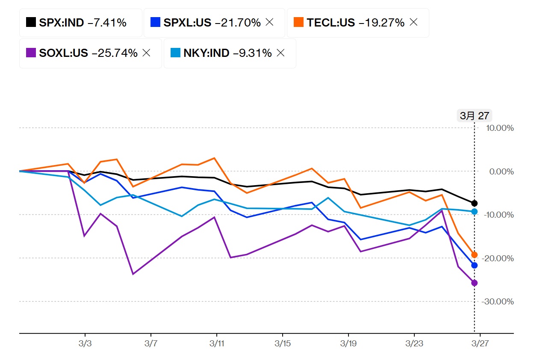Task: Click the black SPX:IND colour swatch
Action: point(31,23)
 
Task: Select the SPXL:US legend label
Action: point(187,23)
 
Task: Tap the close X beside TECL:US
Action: point(413,22)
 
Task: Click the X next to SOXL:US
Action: point(146,53)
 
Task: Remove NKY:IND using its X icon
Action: point(280,53)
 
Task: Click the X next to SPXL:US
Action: point(269,22)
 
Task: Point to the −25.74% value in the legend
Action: point(115,53)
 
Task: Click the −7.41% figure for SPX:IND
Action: point(107,23)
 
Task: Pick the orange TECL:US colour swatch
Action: point(299,23)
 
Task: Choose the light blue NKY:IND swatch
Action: point(175,53)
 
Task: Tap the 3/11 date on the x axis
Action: point(216,344)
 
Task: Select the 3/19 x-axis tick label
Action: point(348,344)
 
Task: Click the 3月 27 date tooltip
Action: point(474,115)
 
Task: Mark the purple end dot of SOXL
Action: point(474,283)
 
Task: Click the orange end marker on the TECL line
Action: point(474,255)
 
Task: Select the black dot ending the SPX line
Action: point(474,203)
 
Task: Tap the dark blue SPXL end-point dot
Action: point(474,266)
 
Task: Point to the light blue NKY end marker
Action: point(474,211)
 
